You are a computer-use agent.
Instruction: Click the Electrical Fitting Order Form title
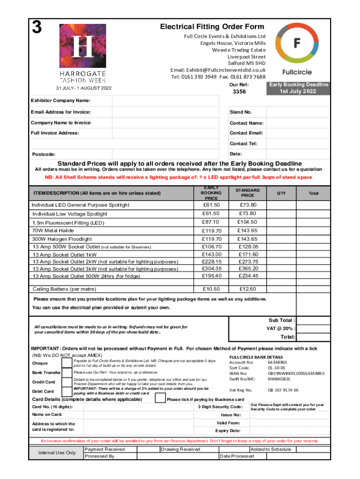point(212,27)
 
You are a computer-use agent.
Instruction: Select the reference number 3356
point(239,92)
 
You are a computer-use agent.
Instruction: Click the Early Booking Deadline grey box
point(297,88)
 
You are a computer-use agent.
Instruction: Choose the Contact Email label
point(246,133)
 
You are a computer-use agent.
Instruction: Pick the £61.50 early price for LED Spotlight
point(211,205)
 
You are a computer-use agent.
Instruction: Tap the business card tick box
point(160,399)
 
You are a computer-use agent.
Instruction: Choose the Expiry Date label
point(228,430)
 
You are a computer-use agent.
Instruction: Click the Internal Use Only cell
point(57,453)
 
